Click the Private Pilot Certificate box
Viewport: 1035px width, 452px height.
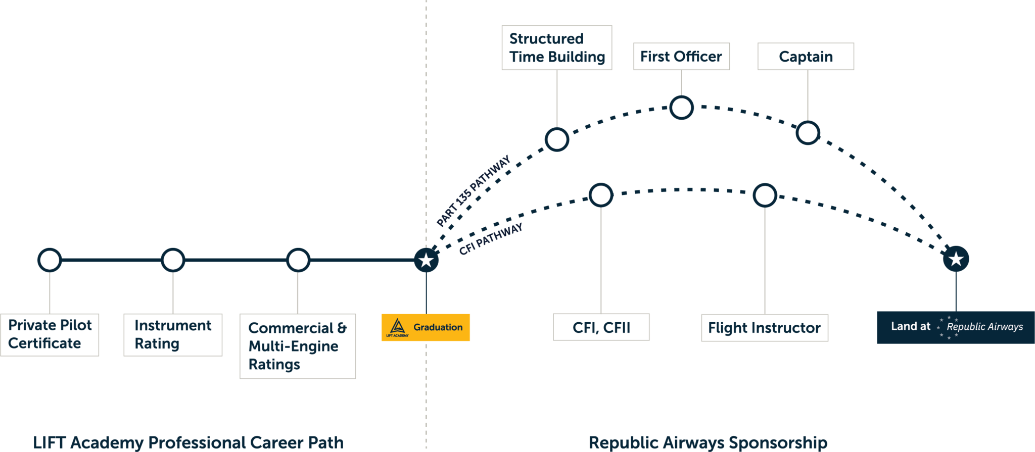point(50,334)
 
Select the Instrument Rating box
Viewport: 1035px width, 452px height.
point(173,334)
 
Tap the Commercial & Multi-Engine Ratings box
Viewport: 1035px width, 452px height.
point(297,346)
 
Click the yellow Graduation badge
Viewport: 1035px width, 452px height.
point(426,327)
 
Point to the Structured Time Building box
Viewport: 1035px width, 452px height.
point(557,48)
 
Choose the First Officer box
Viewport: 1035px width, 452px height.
point(681,57)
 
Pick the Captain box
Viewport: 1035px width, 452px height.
point(806,57)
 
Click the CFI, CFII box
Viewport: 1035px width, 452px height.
point(601,327)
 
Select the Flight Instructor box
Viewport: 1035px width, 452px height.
point(765,328)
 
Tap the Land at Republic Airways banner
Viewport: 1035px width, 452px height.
point(956,327)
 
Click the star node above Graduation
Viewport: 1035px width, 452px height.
point(426,261)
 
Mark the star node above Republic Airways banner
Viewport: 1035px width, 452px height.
point(956,259)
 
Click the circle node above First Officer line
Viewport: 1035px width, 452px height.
point(681,108)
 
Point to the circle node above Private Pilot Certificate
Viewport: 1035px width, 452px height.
point(50,260)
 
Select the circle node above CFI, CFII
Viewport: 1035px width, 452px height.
point(601,195)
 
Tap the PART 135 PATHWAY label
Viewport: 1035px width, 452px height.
point(474,191)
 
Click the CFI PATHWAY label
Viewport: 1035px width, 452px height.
point(490,239)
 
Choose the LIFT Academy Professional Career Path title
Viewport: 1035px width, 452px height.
point(188,442)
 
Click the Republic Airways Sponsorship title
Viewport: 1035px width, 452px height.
point(708,442)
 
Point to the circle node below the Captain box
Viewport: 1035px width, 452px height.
point(808,133)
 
